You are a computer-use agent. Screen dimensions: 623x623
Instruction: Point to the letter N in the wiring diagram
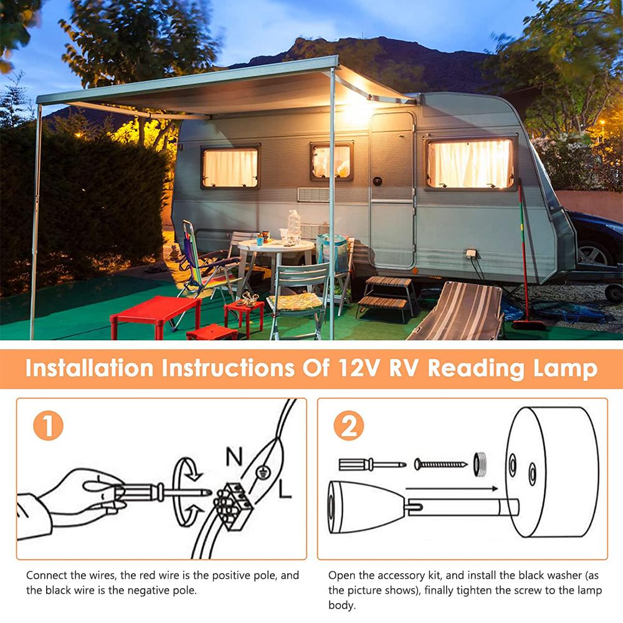point(234,457)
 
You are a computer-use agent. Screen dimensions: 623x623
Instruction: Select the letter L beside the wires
point(285,491)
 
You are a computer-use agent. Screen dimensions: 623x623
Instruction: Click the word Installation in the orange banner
point(89,368)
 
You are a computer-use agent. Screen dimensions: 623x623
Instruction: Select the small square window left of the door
point(332,161)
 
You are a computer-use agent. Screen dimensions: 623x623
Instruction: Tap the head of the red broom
point(528,325)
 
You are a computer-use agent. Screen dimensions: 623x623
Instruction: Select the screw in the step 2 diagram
point(441,464)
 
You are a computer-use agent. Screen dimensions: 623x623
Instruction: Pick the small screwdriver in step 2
point(371,464)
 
